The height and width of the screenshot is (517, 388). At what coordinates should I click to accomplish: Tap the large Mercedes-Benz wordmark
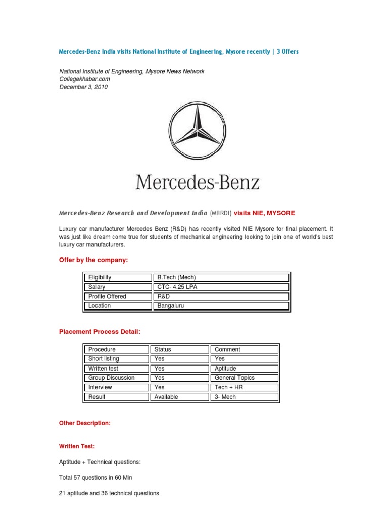pyautogui.click(x=197, y=182)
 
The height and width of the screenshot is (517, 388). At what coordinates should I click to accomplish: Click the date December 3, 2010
pyautogui.click(x=83, y=87)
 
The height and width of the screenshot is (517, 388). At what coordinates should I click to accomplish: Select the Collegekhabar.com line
pyautogui.click(x=84, y=79)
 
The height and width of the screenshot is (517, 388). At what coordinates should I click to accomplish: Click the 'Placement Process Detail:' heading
pyautogui.click(x=99, y=331)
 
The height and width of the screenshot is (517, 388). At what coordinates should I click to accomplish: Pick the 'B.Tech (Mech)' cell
pyautogui.click(x=176, y=277)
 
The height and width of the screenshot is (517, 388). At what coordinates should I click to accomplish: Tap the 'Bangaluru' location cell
pyautogui.click(x=171, y=306)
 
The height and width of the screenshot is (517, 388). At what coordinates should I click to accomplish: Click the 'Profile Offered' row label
pyautogui.click(x=107, y=296)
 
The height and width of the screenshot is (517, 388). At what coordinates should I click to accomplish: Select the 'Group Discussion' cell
pyautogui.click(x=112, y=378)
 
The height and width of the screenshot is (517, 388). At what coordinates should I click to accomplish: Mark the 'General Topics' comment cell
pyautogui.click(x=234, y=378)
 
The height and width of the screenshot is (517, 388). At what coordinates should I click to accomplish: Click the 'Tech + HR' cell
pyautogui.click(x=229, y=387)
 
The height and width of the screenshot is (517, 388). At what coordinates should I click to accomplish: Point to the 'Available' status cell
pyautogui.click(x=166, y=397)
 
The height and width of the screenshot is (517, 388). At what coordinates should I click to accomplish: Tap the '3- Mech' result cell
pyautogui.click(x=225, y=397)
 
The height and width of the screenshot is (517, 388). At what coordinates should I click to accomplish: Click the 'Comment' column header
pyautogui.click(x=227, y=349)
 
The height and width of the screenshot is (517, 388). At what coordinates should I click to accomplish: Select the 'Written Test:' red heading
pyautogui.click(x=77, y=446)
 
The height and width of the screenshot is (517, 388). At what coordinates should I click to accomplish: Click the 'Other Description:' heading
pyautogui.click(x=84, y=423)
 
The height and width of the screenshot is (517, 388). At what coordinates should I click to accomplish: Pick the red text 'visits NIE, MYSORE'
pyautogui.click(x=264, y=213)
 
